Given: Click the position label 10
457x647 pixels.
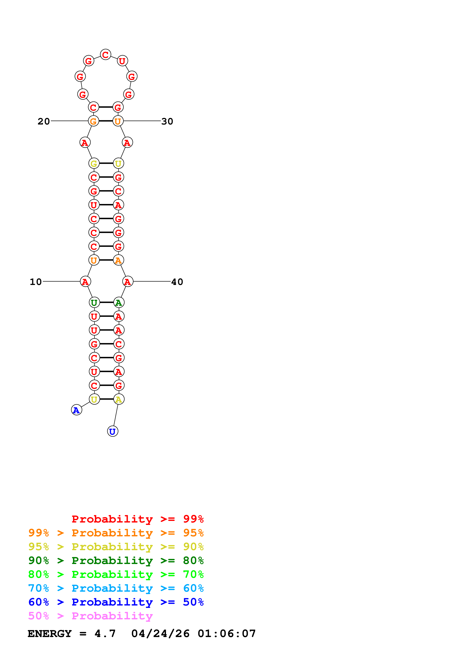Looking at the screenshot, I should (x=36, y=282).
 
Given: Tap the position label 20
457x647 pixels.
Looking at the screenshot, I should (x=44, y=122).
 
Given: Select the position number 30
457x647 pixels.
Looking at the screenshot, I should (x=167, y=122).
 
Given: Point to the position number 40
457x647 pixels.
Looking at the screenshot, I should (x=177, y=282).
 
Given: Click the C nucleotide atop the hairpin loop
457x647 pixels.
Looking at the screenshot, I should (x=106, y=55).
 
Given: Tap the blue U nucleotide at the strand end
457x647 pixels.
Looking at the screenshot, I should (x=113, y=431).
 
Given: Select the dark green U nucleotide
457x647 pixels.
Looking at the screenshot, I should (x=94, y=303).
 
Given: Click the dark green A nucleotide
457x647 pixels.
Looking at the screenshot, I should (x=119, y=303).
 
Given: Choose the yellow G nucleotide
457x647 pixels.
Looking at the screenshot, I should (x=94, y=163).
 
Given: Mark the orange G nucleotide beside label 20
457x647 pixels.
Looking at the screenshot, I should (x=93, y=121).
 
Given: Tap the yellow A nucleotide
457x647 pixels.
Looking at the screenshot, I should (x=119, y=399).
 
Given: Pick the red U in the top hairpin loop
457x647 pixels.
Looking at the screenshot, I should (x=122, y=61).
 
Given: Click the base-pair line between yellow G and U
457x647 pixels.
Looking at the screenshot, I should (x=106, y=163).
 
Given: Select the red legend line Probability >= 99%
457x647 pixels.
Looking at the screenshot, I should (x=137, y=519).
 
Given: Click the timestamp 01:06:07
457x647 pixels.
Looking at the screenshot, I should (x=227, y=634).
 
